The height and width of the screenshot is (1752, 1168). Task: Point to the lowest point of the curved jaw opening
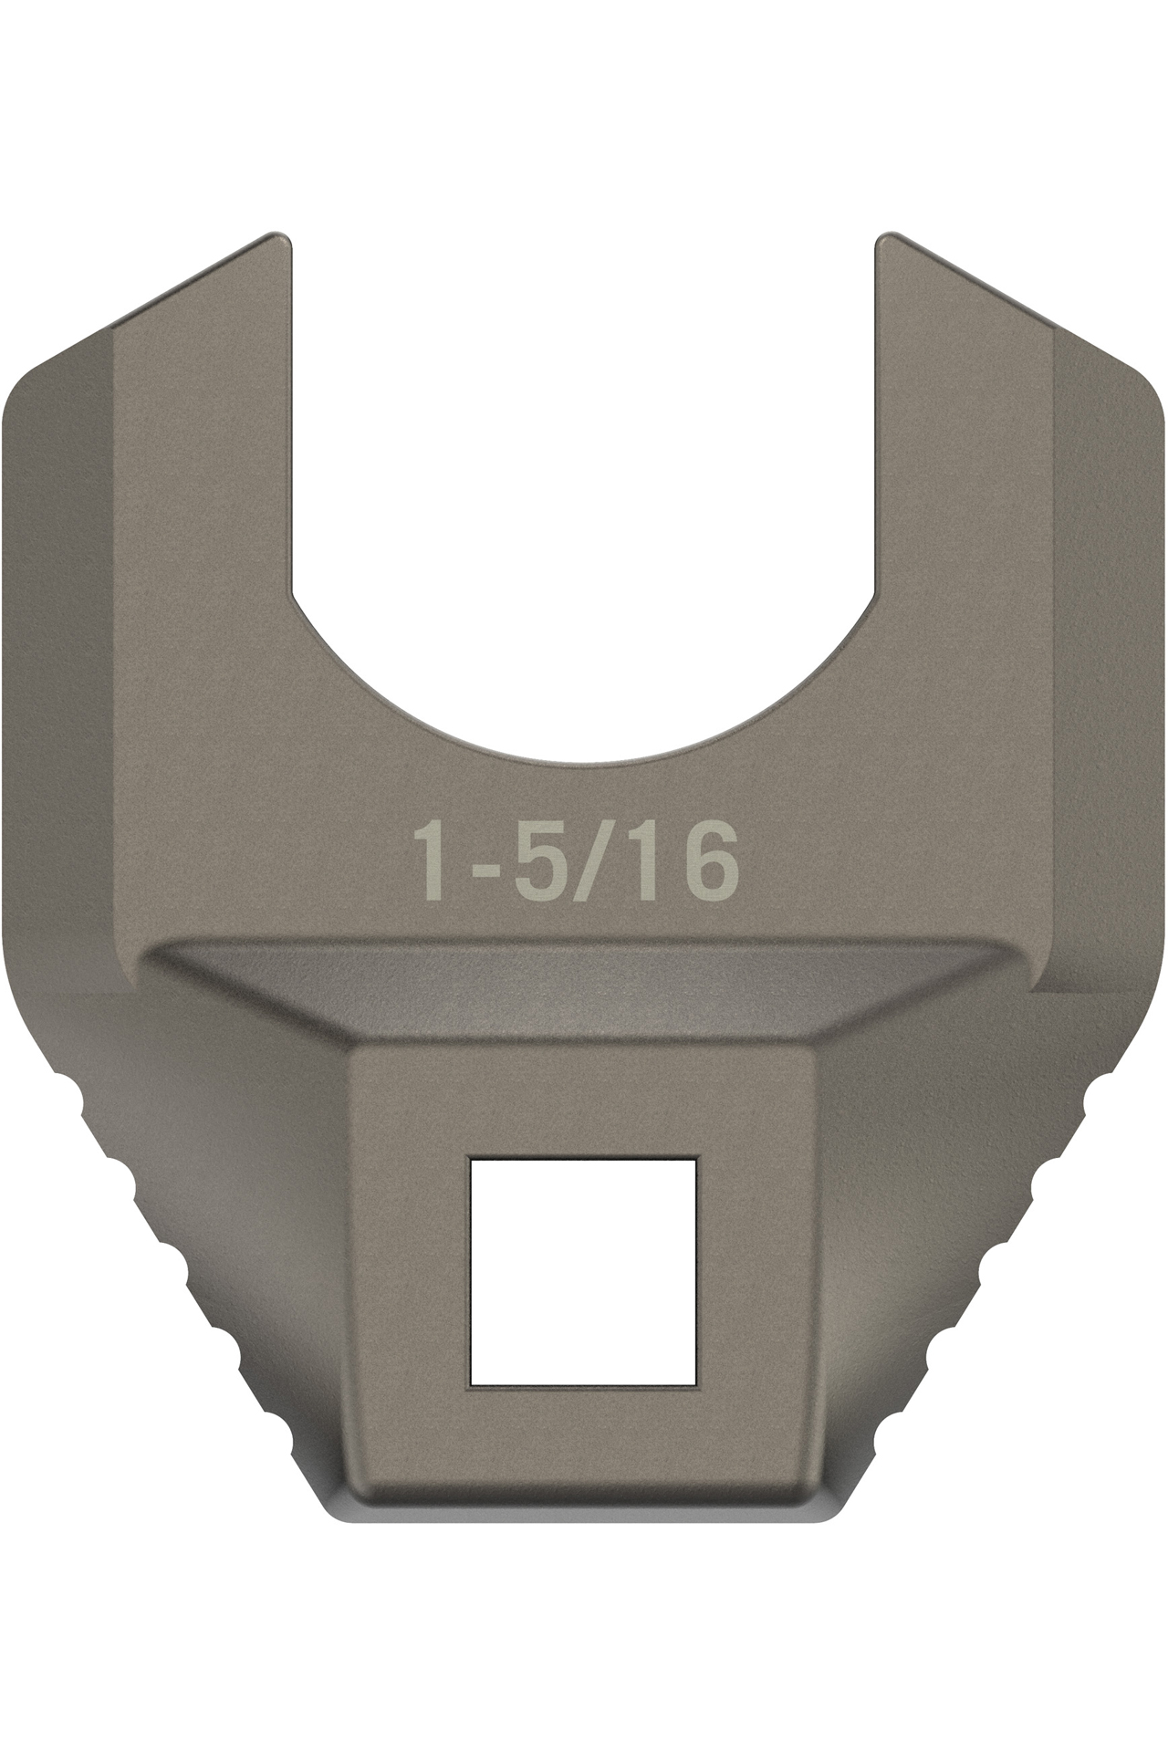[584, 759]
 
